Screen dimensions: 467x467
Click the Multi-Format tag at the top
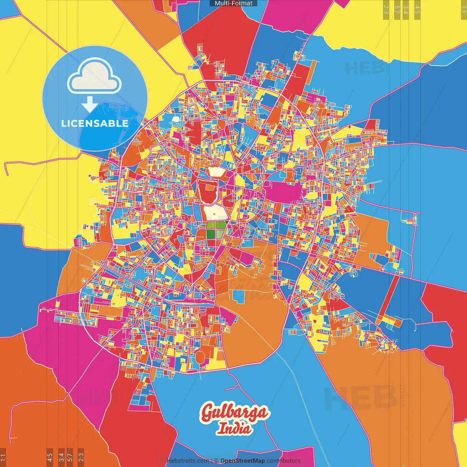coord(233,3)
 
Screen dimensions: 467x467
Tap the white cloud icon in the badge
coord(94,78)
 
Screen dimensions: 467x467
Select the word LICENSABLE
coord(95,123)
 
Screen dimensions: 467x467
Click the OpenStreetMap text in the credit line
coord(242,461)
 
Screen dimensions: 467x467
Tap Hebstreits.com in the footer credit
coord(188,461)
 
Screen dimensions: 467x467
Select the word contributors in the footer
coord(283,461)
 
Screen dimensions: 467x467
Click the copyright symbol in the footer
coord(216,461)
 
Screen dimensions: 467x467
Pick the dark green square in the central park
coord(211,234)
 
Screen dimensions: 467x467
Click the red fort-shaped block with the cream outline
coord(208,192)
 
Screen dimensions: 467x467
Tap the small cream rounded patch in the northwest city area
coord(176,119)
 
